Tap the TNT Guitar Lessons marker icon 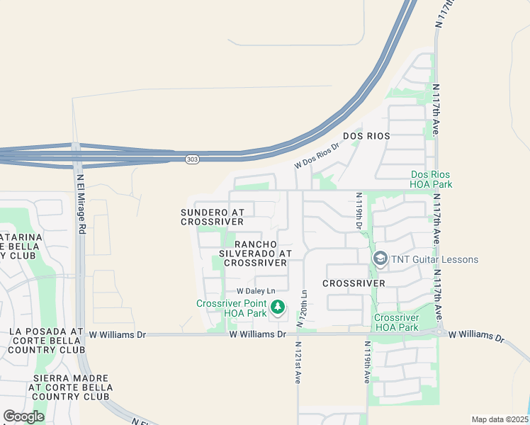click(x=380, y=259)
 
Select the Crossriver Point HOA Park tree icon click(x=278, y=307)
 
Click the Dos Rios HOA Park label click(x=431, y=179)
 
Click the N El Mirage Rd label click(x=81, y=204)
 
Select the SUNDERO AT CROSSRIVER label click(x=213, y=217)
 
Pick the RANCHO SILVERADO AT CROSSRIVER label click(x=255, y=253)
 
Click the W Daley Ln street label click(x=255, y=291)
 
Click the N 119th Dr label click(x=359, y=210)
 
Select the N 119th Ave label click(x=367, y=363)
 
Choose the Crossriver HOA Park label click(x=396, y=322)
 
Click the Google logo click(x=23, y=416)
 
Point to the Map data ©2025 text click(x=499, y=419)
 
